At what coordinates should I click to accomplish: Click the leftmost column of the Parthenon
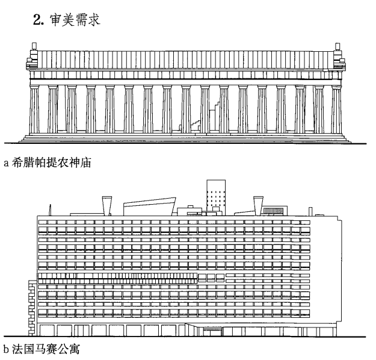pyautogui.click(x=34, y=110)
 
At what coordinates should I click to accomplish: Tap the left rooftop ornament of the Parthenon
pyautogui.click(x=32, y=47)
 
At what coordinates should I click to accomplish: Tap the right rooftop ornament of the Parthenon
pyautogui.click(x=337, y=47)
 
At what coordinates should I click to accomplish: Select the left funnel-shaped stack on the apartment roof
pyautogui.click(x=106, y=205)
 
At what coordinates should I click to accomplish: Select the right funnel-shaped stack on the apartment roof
pyautogui.click(x=258, y=205)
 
